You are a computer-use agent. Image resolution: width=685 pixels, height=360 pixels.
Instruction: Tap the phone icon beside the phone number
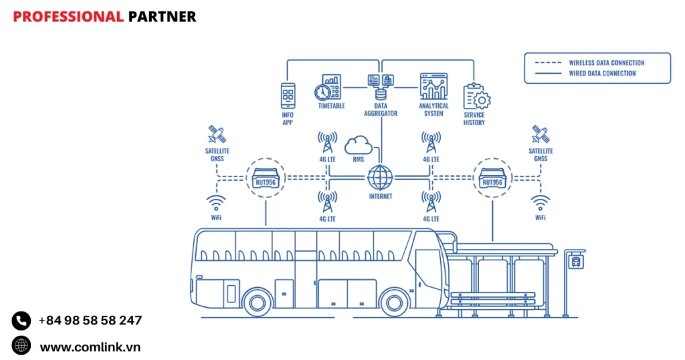click(x=21, y=321)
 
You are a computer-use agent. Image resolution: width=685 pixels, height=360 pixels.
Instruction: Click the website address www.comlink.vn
click(x=90, y=347)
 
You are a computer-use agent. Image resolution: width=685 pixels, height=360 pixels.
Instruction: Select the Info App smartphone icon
click(x=288, y=96)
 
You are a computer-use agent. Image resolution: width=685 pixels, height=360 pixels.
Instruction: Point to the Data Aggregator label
click(x=381, y=109)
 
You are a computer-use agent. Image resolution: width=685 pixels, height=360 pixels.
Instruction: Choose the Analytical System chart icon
click(x=433, y=87)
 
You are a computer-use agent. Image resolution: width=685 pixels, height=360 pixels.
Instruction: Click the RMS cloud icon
click(x=359, y=145)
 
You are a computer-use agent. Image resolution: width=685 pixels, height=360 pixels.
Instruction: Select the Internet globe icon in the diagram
click(x=381, y=178)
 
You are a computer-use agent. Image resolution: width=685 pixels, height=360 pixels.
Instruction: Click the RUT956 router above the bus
click(x=266, y=179)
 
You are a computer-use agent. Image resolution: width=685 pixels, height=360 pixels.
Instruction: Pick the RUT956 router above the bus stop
click(x=492, y=179)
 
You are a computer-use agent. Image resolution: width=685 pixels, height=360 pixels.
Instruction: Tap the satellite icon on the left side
click(x=216, y=134)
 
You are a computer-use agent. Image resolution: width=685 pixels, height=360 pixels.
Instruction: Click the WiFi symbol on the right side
click(x=540, y=202)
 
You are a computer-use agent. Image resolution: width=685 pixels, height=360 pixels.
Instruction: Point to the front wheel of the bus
click(x=394, y=301)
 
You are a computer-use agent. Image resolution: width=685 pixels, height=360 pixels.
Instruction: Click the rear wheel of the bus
click(x=257, y=301)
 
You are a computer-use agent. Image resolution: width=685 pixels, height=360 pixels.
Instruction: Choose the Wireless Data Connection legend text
click(x=606, y=63)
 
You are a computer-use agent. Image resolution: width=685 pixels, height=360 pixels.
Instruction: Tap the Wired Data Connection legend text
click(x=602, y=74)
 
